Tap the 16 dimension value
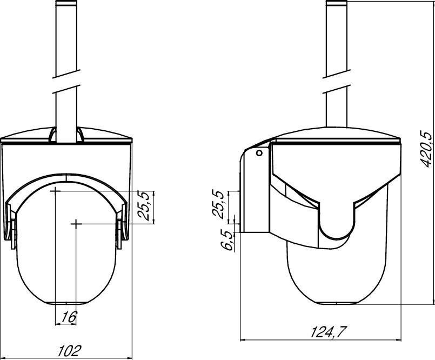(69, 317)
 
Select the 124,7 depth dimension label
(329, 332)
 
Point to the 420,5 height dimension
(426, 149)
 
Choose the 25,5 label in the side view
(217, 204)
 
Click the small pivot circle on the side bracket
(259, 152)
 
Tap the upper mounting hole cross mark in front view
(56, 191)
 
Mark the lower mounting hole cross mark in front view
(76, 223)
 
